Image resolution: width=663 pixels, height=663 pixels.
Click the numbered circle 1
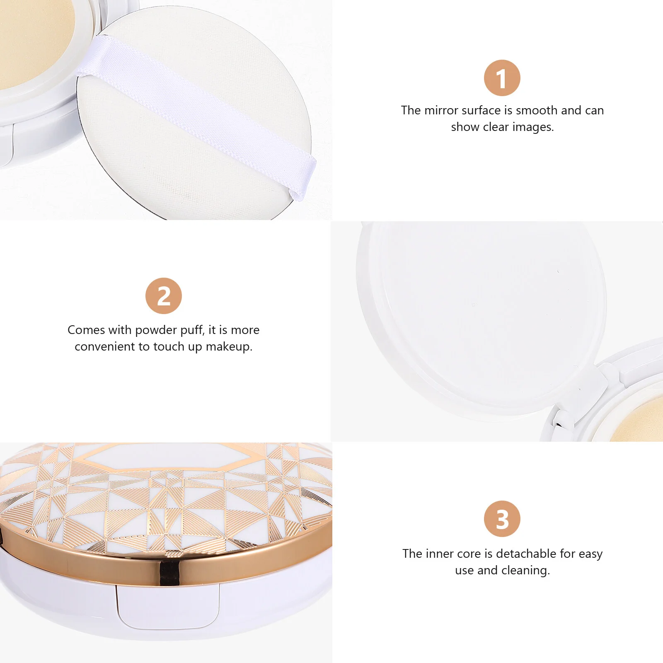coord(502,78)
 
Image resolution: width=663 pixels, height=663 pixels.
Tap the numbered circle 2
coord(164,296)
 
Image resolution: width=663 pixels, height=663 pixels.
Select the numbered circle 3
coord(502,519)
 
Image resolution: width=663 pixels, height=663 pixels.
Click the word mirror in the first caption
coord(441,110)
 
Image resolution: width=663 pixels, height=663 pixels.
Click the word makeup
coord(229,347)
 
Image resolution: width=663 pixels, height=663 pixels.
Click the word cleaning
coord(526,571)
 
